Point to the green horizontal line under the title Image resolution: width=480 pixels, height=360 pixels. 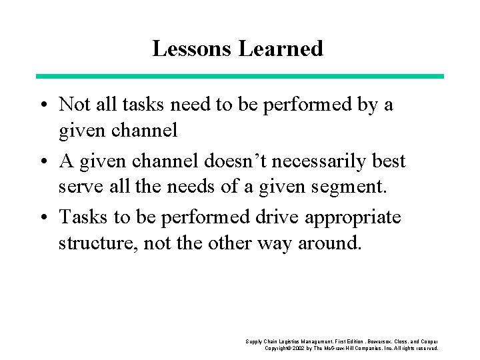pyautogui.click(x=239, y=76)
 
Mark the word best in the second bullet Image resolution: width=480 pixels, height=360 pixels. pyautogui.click(x=390, y=162)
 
